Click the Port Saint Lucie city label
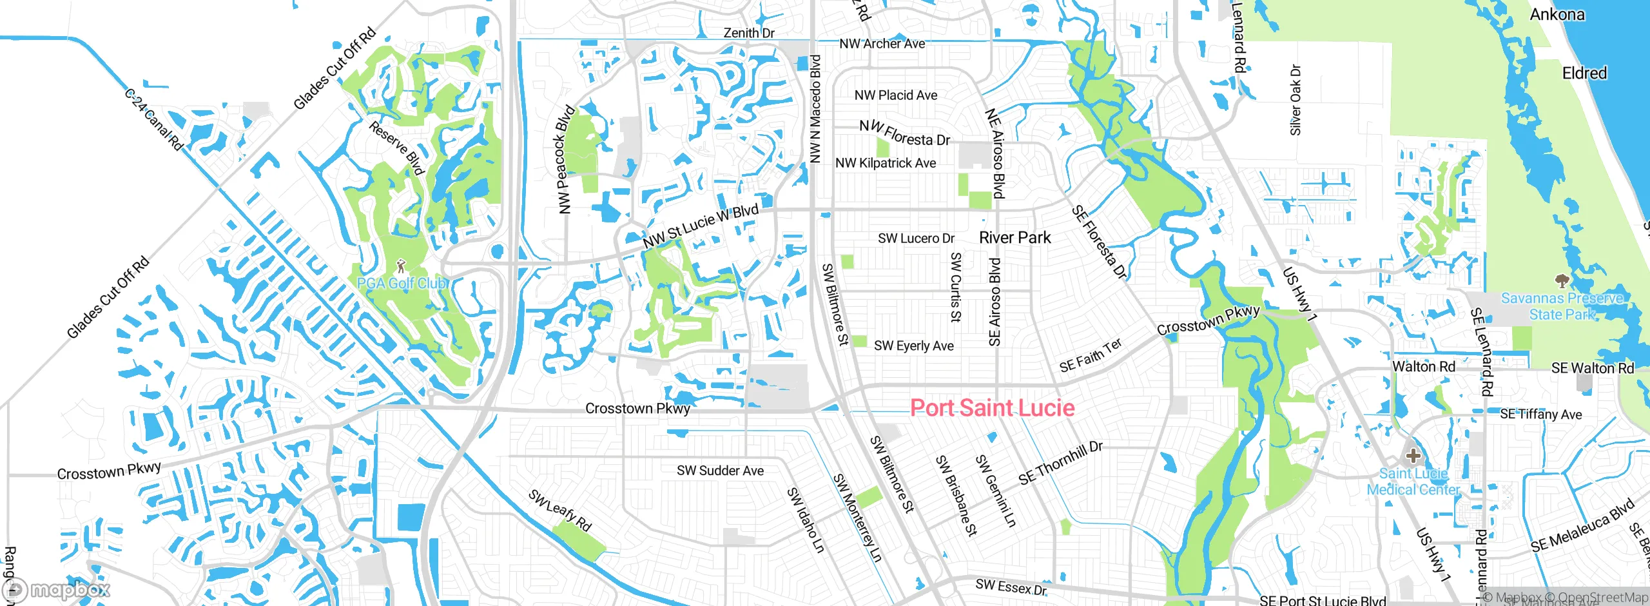[992, 408]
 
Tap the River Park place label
[1014, 238]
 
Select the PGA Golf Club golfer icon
[401, 266]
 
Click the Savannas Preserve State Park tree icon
[1561, 280]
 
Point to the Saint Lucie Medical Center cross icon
[1413, 456]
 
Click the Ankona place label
[1557, 14]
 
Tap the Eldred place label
[1584, 73]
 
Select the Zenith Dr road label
[748, 33]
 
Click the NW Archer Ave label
[882, 44]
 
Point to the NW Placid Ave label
[895, 95]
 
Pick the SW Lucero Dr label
[916, 239]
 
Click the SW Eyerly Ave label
[913, 346]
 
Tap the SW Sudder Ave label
[720, 471]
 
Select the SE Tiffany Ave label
[1540, 415]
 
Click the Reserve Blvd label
[396, 148]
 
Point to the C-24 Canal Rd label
[153, 121]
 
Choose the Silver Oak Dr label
[1296, 100]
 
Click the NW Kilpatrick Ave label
[885, 164]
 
